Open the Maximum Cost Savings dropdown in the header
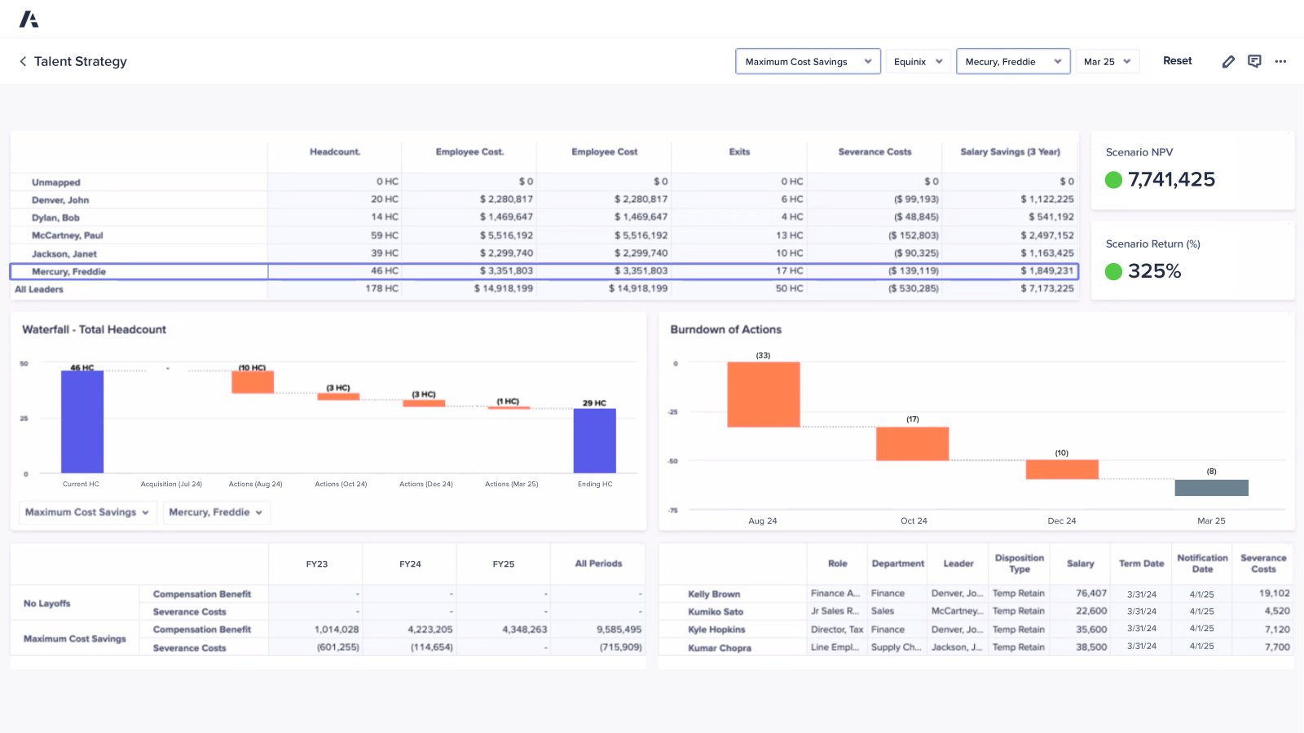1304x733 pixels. point(807,62)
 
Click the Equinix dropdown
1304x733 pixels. point(918,62)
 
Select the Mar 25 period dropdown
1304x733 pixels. point(1107,62)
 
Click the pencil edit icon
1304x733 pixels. point(1228,62)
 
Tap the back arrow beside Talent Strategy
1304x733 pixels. point(23,62)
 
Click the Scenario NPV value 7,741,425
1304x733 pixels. point(1171,180)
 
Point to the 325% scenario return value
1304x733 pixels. point(1154,271)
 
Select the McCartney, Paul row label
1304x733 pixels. point(68,235)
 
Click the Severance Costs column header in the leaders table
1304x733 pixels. point(874,152)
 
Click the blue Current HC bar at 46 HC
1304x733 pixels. point(82,421)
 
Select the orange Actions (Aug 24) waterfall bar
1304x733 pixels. point(253,382)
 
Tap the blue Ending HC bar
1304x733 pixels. point(594,440)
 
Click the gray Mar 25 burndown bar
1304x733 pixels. point(1211,487)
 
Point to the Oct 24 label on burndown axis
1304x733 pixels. point(914,521)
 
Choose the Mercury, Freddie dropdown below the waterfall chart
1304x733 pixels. point(216,512)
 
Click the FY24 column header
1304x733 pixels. point(410,564)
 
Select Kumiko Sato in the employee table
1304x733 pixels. point(716,612)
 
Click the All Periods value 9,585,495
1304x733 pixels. point(619,630)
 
